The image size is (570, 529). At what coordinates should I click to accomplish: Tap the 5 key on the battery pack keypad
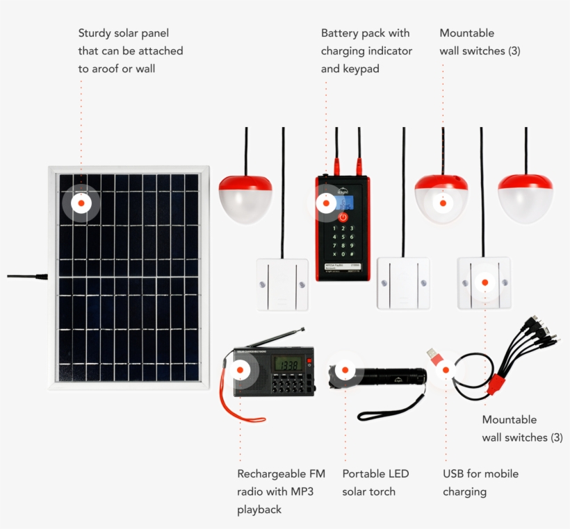click(343, 237)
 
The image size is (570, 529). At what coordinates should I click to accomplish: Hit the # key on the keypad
click(352, 254)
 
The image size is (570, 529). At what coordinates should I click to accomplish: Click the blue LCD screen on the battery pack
click(343, 201)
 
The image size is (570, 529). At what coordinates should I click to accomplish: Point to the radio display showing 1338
click(287, 364)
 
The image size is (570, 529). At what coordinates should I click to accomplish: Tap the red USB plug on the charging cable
click(433, 356)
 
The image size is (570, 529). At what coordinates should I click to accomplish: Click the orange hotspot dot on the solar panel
click(81, 203)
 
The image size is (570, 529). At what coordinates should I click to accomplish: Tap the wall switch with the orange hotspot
click(484, 283)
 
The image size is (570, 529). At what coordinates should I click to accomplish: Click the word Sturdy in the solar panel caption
click(94, 33)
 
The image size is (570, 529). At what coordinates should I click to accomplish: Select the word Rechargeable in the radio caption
click(271, 474)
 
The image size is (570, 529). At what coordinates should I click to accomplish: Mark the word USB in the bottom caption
click(455, 474)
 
